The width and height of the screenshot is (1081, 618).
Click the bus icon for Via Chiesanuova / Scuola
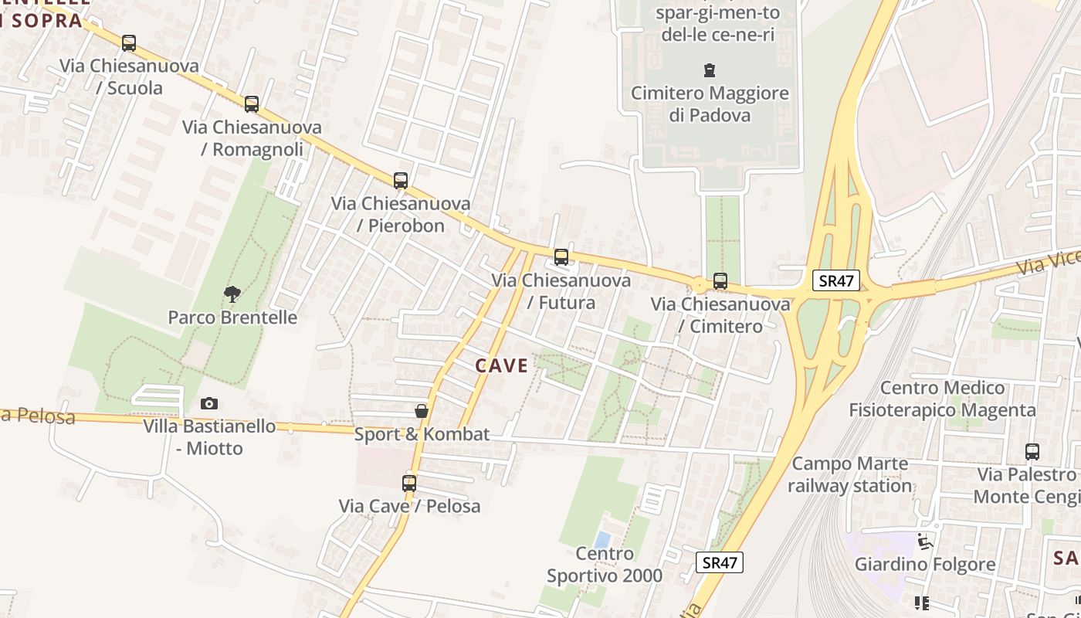pos(129,43)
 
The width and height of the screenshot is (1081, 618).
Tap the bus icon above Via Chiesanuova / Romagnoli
pos(252,104)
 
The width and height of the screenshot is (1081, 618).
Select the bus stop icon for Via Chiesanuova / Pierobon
pos(400,181)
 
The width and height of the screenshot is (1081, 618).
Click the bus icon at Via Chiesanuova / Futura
pos(561,257)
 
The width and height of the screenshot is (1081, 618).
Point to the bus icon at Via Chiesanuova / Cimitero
pos(720,281)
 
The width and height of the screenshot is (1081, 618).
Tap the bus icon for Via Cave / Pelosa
pos(409,484)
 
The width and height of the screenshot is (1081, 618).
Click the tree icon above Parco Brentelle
pos(232,294)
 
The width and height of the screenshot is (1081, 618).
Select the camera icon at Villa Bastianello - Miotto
pos(209,403)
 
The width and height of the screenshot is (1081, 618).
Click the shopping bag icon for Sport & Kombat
pos(422,411)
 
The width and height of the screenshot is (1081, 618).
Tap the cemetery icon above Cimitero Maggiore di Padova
pos(709,71)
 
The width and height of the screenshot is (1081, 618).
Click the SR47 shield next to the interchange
pos(836,280)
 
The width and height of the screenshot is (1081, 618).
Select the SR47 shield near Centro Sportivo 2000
pos(720,562)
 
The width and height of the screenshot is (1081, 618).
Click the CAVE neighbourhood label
pos(502,365)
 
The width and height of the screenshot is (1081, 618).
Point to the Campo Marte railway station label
pos(849,475)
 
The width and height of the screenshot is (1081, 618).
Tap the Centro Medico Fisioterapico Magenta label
pos(942,399)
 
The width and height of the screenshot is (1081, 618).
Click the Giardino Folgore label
pos(924,564)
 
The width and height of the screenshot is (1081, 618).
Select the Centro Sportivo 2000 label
pos(605,565)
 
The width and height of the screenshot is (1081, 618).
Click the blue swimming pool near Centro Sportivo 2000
pos(602,538)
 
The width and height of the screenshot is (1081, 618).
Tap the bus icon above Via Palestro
pos(1032,451)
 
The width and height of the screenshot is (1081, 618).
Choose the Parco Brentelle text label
pos(232,317)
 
